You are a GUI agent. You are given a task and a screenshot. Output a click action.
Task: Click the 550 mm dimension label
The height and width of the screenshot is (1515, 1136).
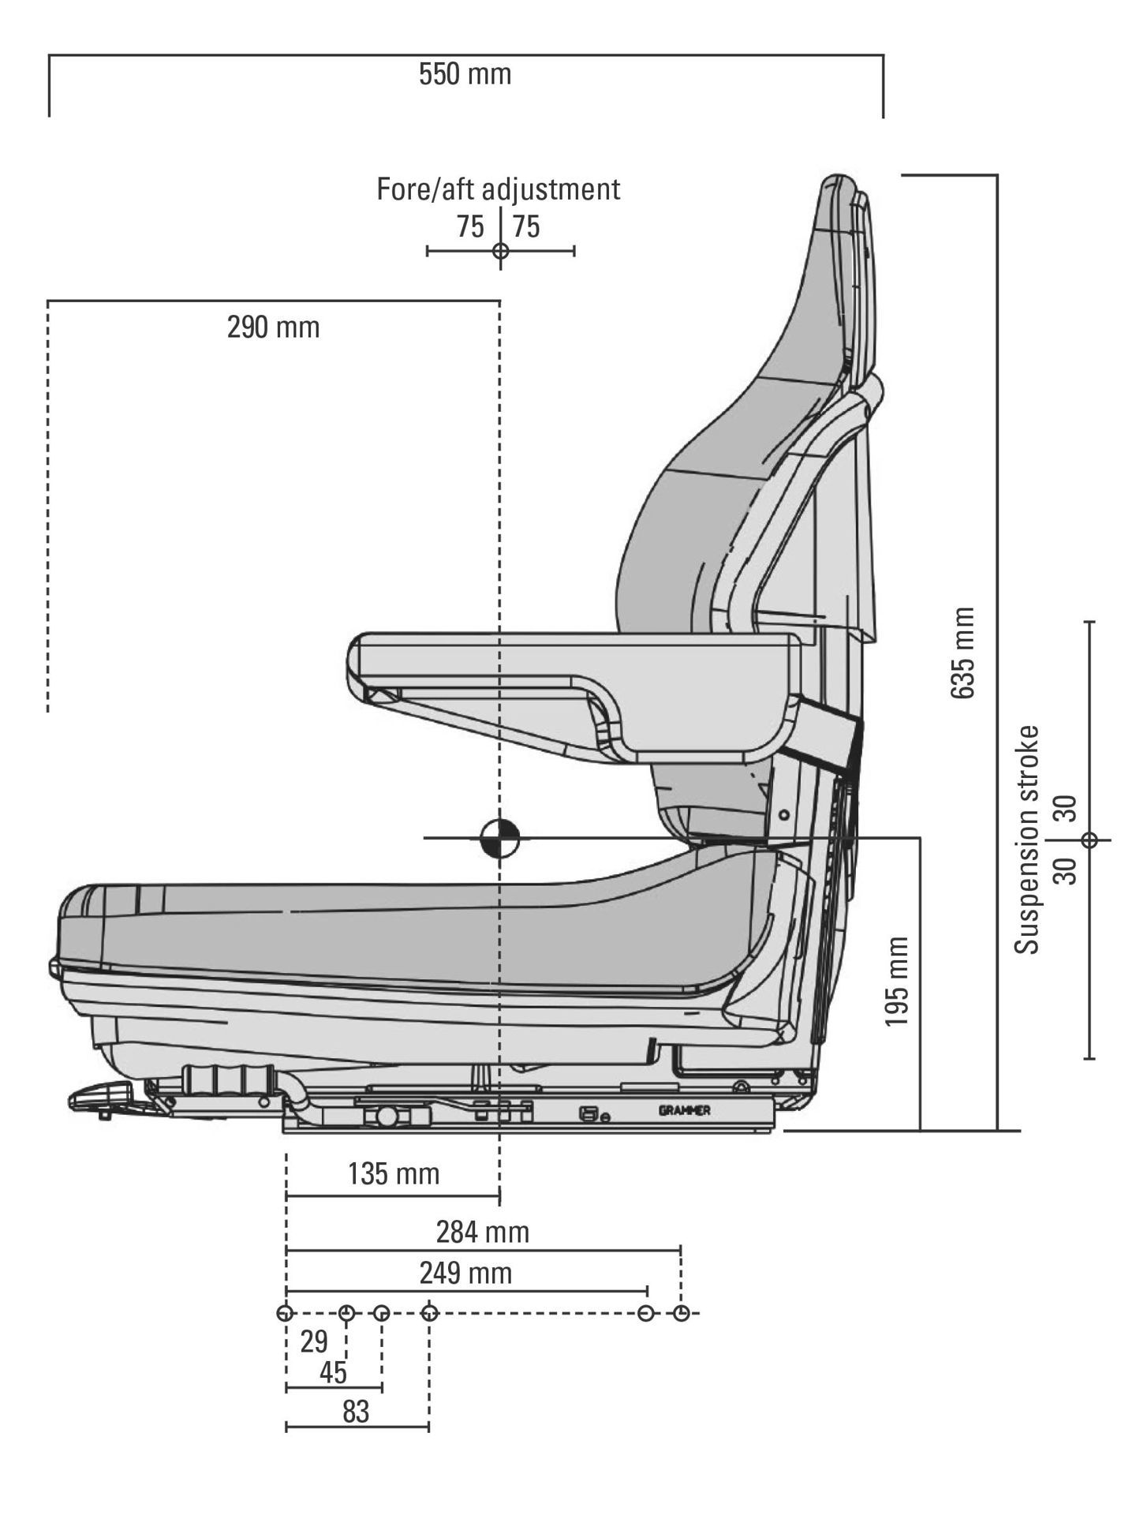(x=465, y=75)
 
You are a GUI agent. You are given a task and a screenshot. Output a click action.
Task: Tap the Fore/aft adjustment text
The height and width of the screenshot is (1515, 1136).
(x=498, y=189)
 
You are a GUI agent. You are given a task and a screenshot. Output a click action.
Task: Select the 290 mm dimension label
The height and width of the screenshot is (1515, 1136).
(x=273, y=327)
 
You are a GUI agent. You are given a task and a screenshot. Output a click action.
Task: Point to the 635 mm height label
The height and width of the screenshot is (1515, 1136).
(x=962, y=653)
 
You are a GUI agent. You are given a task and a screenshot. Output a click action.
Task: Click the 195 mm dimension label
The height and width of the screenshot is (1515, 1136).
(x=897, y=982)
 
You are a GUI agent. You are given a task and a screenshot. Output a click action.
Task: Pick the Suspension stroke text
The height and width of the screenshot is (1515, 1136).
(x=1027, y=840)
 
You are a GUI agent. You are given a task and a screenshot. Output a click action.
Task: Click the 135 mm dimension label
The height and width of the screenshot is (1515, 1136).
(x=393, y=1174)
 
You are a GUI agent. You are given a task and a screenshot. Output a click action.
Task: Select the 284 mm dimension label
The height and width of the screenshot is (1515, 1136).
(x=482, y=1232)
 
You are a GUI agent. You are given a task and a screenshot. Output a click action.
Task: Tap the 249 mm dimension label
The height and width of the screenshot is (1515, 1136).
(x=465, y=1273)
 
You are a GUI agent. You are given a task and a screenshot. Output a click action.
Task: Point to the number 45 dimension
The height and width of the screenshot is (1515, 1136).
(x=333, y=1373)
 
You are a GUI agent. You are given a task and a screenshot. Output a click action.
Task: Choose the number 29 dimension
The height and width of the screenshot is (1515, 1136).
(x=314, y=1341)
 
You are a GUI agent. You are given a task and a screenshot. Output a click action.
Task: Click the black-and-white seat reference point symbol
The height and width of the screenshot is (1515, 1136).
(x=500, y=838)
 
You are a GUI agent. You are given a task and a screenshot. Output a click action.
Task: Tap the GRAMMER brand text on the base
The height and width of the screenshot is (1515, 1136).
(x=684, y=1111)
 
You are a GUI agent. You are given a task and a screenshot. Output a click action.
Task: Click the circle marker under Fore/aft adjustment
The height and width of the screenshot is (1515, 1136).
(x=500, y=252)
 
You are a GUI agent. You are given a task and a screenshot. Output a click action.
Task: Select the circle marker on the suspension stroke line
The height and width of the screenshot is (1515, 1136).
(x=1089, y=840)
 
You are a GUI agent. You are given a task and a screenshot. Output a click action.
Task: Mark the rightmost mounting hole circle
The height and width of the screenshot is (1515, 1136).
(x=682, y=1313)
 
